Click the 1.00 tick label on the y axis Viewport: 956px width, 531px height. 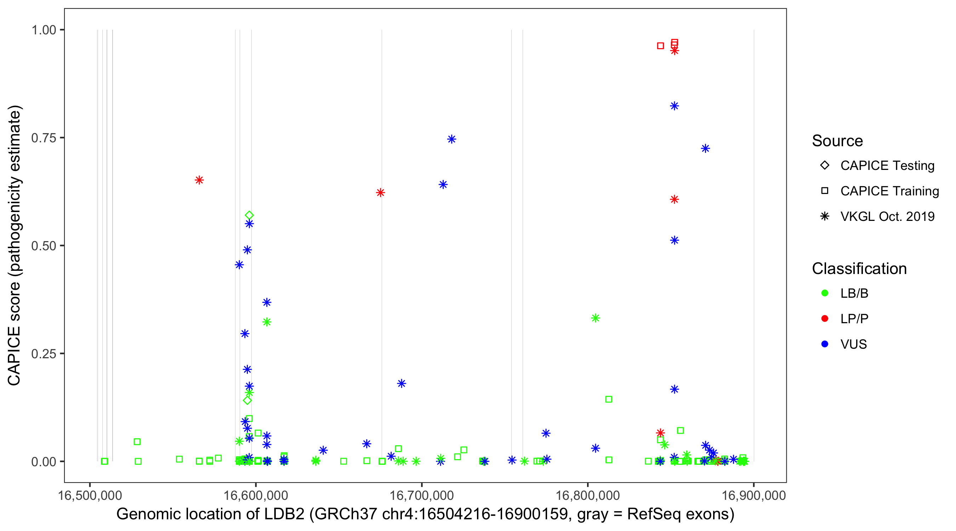[x=44, y=30]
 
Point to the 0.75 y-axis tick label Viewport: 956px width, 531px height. [x=44, y=138]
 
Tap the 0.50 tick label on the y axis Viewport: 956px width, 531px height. [x=44, y=246]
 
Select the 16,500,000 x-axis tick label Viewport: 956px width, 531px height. [x=90, y=495]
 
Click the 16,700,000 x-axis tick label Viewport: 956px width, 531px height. [x=422, y=495]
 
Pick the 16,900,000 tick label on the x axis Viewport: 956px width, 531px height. [x=754, y=495]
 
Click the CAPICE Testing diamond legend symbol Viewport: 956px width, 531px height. [x=825, y=166]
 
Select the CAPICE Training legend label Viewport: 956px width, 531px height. [x=889, y=191]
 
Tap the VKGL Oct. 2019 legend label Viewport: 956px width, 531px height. [x=887, y=216]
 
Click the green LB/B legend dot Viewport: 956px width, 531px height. [x=825, y=293]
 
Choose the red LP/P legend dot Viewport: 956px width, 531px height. [x=825, y=319]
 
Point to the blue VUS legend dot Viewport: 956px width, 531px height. [x=825, y=344]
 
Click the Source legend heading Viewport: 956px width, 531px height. [x=837, y=141]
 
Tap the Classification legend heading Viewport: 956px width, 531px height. [x=859, y=269]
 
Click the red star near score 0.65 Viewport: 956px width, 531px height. [x=199, y=180]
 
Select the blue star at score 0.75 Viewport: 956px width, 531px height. [x=452, y=139]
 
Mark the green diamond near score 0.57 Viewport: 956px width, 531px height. [x=249, y=216]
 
